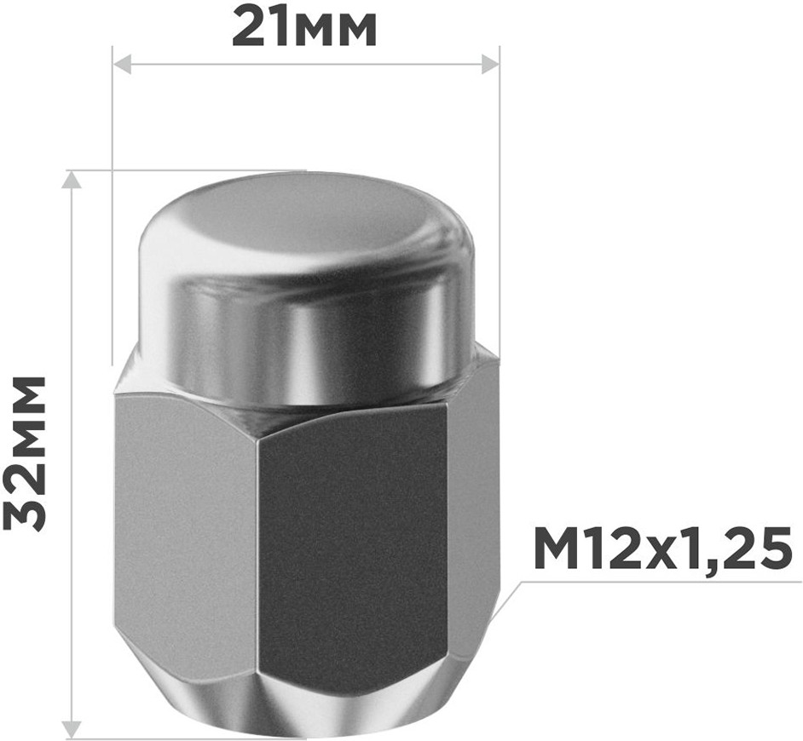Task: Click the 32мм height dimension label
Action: coord(24,453)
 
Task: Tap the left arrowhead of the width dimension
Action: coord(122,65)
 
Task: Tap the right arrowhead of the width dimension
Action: coord(489,65)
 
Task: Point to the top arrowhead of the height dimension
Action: coord(72,180)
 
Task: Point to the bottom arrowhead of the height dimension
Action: coord(72,727)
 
